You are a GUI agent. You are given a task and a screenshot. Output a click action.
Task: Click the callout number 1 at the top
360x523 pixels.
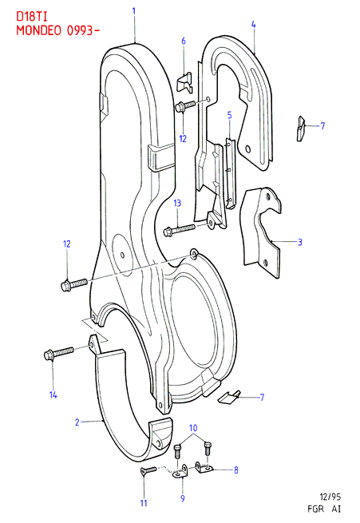(133, 11)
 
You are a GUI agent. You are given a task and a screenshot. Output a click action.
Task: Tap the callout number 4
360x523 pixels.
(254, 24)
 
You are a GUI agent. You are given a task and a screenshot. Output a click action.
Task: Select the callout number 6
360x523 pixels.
(184, 41)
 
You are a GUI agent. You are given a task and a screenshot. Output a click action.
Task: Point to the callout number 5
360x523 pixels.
(230, 115)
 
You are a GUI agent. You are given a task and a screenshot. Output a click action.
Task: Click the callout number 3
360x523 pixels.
(299, 242)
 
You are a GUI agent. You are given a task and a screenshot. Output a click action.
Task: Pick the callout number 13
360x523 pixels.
(177, 203)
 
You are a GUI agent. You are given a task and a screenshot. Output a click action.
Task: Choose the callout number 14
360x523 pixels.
(53, 395)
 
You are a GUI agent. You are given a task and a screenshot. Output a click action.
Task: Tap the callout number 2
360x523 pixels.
(77, 422)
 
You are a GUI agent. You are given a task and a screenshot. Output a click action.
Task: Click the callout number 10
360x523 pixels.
(193, 428)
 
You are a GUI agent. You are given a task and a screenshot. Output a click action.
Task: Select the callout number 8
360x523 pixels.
(236, 470)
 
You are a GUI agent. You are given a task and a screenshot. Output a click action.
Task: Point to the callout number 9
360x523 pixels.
(183, 498)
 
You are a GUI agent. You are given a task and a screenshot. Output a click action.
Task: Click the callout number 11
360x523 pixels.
(144, 503)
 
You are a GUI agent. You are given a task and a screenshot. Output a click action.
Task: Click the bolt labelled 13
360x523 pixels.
(180, 230)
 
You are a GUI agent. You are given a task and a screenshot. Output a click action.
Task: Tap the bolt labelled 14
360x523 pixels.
(58, 353)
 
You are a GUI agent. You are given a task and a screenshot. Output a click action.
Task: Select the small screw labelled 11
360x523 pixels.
(148, 470)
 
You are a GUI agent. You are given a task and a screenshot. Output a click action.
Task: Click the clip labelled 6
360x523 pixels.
(184, 83)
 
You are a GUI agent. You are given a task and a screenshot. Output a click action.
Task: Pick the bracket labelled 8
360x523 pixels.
(203, 466)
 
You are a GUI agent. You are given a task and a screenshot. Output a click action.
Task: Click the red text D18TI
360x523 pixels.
(32, 18)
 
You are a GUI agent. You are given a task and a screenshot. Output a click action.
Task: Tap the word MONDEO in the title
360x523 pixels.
(38, 30)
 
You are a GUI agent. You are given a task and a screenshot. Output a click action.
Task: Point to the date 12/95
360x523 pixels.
(330, 497)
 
